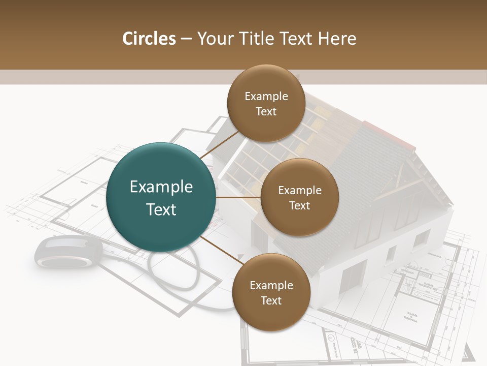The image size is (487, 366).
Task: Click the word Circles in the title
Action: pos(149,39)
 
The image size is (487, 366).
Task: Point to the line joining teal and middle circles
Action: pos(238,197)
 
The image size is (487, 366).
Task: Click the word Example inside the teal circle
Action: pos(161,187)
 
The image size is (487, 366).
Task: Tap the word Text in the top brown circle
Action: pos(266,111)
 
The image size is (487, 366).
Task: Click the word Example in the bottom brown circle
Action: pos(271,286)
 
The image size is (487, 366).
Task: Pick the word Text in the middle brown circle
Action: pos(299,205)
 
